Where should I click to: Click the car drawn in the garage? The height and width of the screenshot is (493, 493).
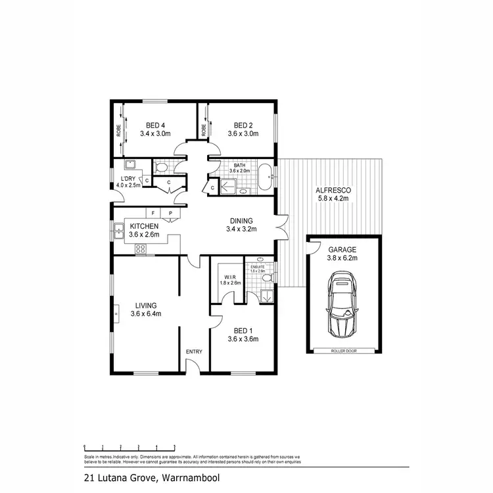click(x=343, y=304)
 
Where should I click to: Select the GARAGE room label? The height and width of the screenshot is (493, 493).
click(x=342, y=250)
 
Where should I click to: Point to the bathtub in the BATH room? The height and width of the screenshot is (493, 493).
click(x=266, y=177)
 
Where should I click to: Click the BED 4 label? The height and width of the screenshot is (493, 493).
click(x=155, y=125)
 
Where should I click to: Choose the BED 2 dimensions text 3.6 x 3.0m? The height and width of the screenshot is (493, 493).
click(x=243, y=133)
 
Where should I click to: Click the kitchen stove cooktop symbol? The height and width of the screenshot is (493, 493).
click(x=140, y=248)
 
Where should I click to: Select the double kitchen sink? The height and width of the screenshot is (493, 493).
click(x=118, y=230)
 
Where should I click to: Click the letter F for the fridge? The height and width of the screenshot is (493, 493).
click(x=153, y=213)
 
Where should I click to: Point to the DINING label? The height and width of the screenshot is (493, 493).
click(x=241, y=221)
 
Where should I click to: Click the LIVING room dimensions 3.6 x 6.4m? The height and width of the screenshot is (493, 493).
click(x=146, y=314)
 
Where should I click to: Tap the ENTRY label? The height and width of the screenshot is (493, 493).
click(x=194, y=352)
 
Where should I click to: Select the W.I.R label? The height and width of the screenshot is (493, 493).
click(x=229, y=275)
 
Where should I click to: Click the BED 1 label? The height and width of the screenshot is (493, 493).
click(x=243, y=331)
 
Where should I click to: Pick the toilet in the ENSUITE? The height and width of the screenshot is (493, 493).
click(x=266, y=279)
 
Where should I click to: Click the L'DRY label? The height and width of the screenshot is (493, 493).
click(x=127, y=178)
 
